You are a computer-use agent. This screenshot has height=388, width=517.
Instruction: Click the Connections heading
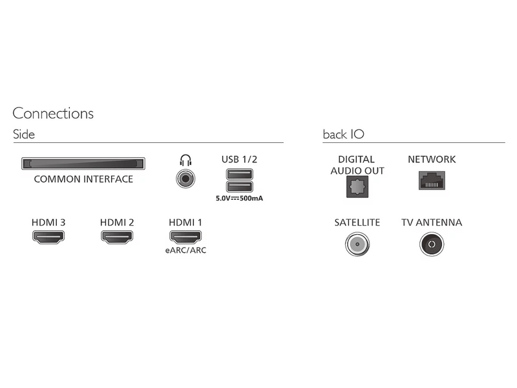(x=53, y=114)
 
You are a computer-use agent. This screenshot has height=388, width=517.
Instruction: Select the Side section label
(x=24, y=135)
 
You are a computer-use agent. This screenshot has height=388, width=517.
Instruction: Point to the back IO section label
(x=344, y=135)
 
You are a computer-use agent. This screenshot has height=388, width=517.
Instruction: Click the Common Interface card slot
(x=83, y=164)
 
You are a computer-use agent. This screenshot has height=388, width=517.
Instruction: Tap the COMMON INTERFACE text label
(x=83, y=179)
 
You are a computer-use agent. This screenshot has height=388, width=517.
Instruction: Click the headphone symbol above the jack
(x=185, y=160)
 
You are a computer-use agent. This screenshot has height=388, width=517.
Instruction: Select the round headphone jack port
(x=185, y=179)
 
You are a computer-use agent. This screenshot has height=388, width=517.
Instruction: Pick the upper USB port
(x=240, y=174)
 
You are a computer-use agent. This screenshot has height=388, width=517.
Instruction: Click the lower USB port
(x=240, y=186)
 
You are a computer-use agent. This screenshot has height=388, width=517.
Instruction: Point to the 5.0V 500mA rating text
(x=239, y=199)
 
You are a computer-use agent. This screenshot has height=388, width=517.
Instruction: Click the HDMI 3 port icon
(x=48, y=237)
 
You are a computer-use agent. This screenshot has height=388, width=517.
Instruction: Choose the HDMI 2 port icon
(x=117, y=237)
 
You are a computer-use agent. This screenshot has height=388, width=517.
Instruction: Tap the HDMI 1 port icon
(x=185, y=237)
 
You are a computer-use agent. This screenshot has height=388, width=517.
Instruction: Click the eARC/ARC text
(x=185, y=250)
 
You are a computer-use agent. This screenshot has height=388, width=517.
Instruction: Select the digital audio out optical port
(x=357, y=187)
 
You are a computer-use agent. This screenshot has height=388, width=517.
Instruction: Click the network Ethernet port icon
(x=432, y=180)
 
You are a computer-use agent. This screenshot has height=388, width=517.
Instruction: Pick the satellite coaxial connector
(x=357, y=244)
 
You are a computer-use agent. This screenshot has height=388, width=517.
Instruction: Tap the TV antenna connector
(x=432, y=244)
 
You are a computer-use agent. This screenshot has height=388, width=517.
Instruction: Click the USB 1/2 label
(x=239, y=159)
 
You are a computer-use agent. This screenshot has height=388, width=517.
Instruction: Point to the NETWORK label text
(x=432, y=159)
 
